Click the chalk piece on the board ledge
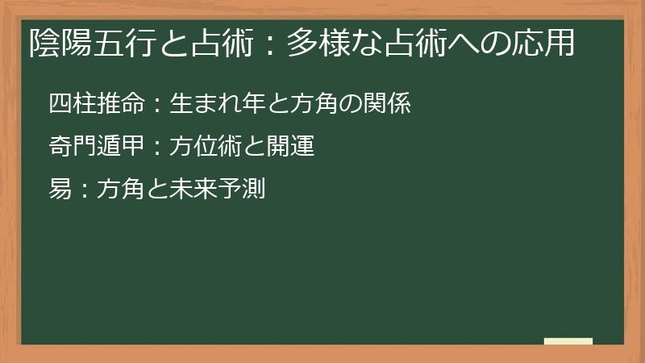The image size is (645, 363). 568,342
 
